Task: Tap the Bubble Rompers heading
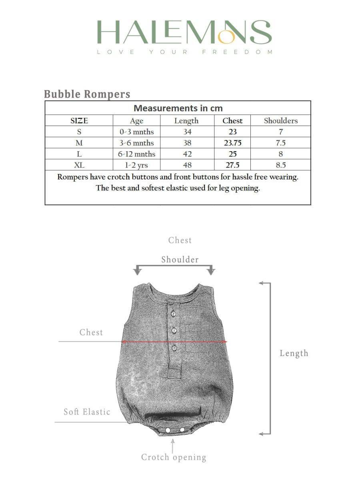87,94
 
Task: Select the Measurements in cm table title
178,108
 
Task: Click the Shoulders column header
281,120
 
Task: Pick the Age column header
136,121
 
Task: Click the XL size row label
79,165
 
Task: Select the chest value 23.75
232,143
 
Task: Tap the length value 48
187,165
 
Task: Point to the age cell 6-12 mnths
136,154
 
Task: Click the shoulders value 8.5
281,165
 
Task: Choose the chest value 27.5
232,165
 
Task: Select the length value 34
187,132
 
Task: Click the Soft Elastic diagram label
87,412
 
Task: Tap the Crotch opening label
174,457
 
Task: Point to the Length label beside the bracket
294,353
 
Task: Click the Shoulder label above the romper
180,260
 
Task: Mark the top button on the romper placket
174,313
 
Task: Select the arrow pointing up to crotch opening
173,445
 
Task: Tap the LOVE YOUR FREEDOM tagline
184,52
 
